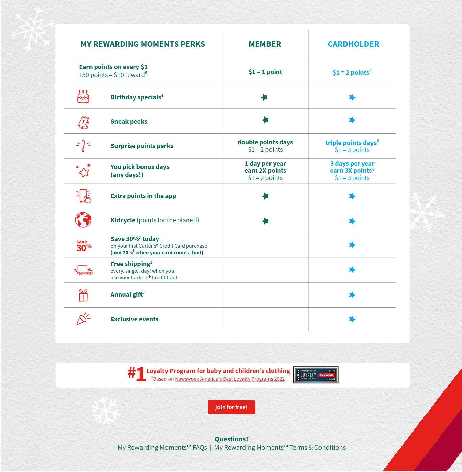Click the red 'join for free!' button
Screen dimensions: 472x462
click(231, 407)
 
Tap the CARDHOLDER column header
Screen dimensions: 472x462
click(353, 44)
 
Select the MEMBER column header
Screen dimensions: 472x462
click(265, 44)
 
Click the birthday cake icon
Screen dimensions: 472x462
click(83, 97)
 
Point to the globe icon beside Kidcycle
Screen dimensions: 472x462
click(83, 220)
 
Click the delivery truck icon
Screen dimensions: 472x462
click(83, 270)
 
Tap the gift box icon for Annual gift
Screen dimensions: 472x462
click(83, 295)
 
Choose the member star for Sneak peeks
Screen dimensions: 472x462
click(266, 120)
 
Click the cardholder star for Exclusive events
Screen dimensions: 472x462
click(352, 319)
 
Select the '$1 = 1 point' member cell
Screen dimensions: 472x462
click(265, 72)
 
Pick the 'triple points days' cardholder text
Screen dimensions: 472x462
click(351, 143)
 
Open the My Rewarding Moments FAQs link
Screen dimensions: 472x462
click(162, 448)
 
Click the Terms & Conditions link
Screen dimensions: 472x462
click(280, 448)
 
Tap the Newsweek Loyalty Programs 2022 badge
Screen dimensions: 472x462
click(316, 375)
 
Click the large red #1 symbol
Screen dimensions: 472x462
click(137, 374)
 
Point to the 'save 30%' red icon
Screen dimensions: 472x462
click(84, 246)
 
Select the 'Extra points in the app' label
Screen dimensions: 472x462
click(143, 196)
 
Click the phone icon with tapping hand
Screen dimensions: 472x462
click(83, 196)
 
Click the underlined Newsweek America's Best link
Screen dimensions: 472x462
click(230, 379)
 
